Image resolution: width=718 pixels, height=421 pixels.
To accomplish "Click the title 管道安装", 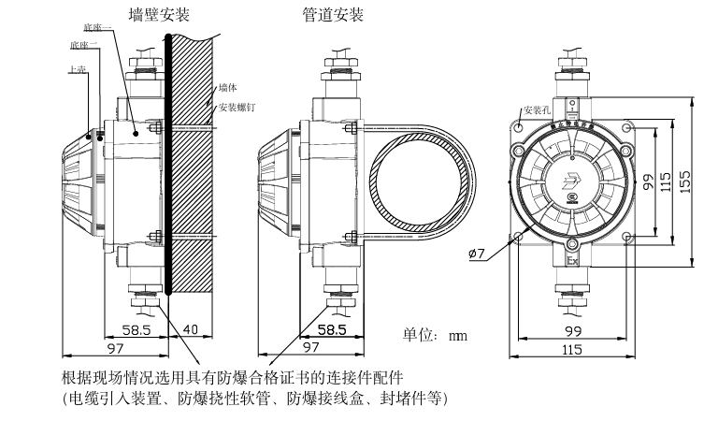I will point(333,15).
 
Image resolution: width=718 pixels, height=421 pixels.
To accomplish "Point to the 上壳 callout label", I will point(78,68).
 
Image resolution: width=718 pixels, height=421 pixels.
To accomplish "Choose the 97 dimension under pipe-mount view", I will point(309,347).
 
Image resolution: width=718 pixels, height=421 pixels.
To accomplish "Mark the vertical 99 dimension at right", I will point(647,182).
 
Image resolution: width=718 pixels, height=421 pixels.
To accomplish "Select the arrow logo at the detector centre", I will point(572,181).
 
